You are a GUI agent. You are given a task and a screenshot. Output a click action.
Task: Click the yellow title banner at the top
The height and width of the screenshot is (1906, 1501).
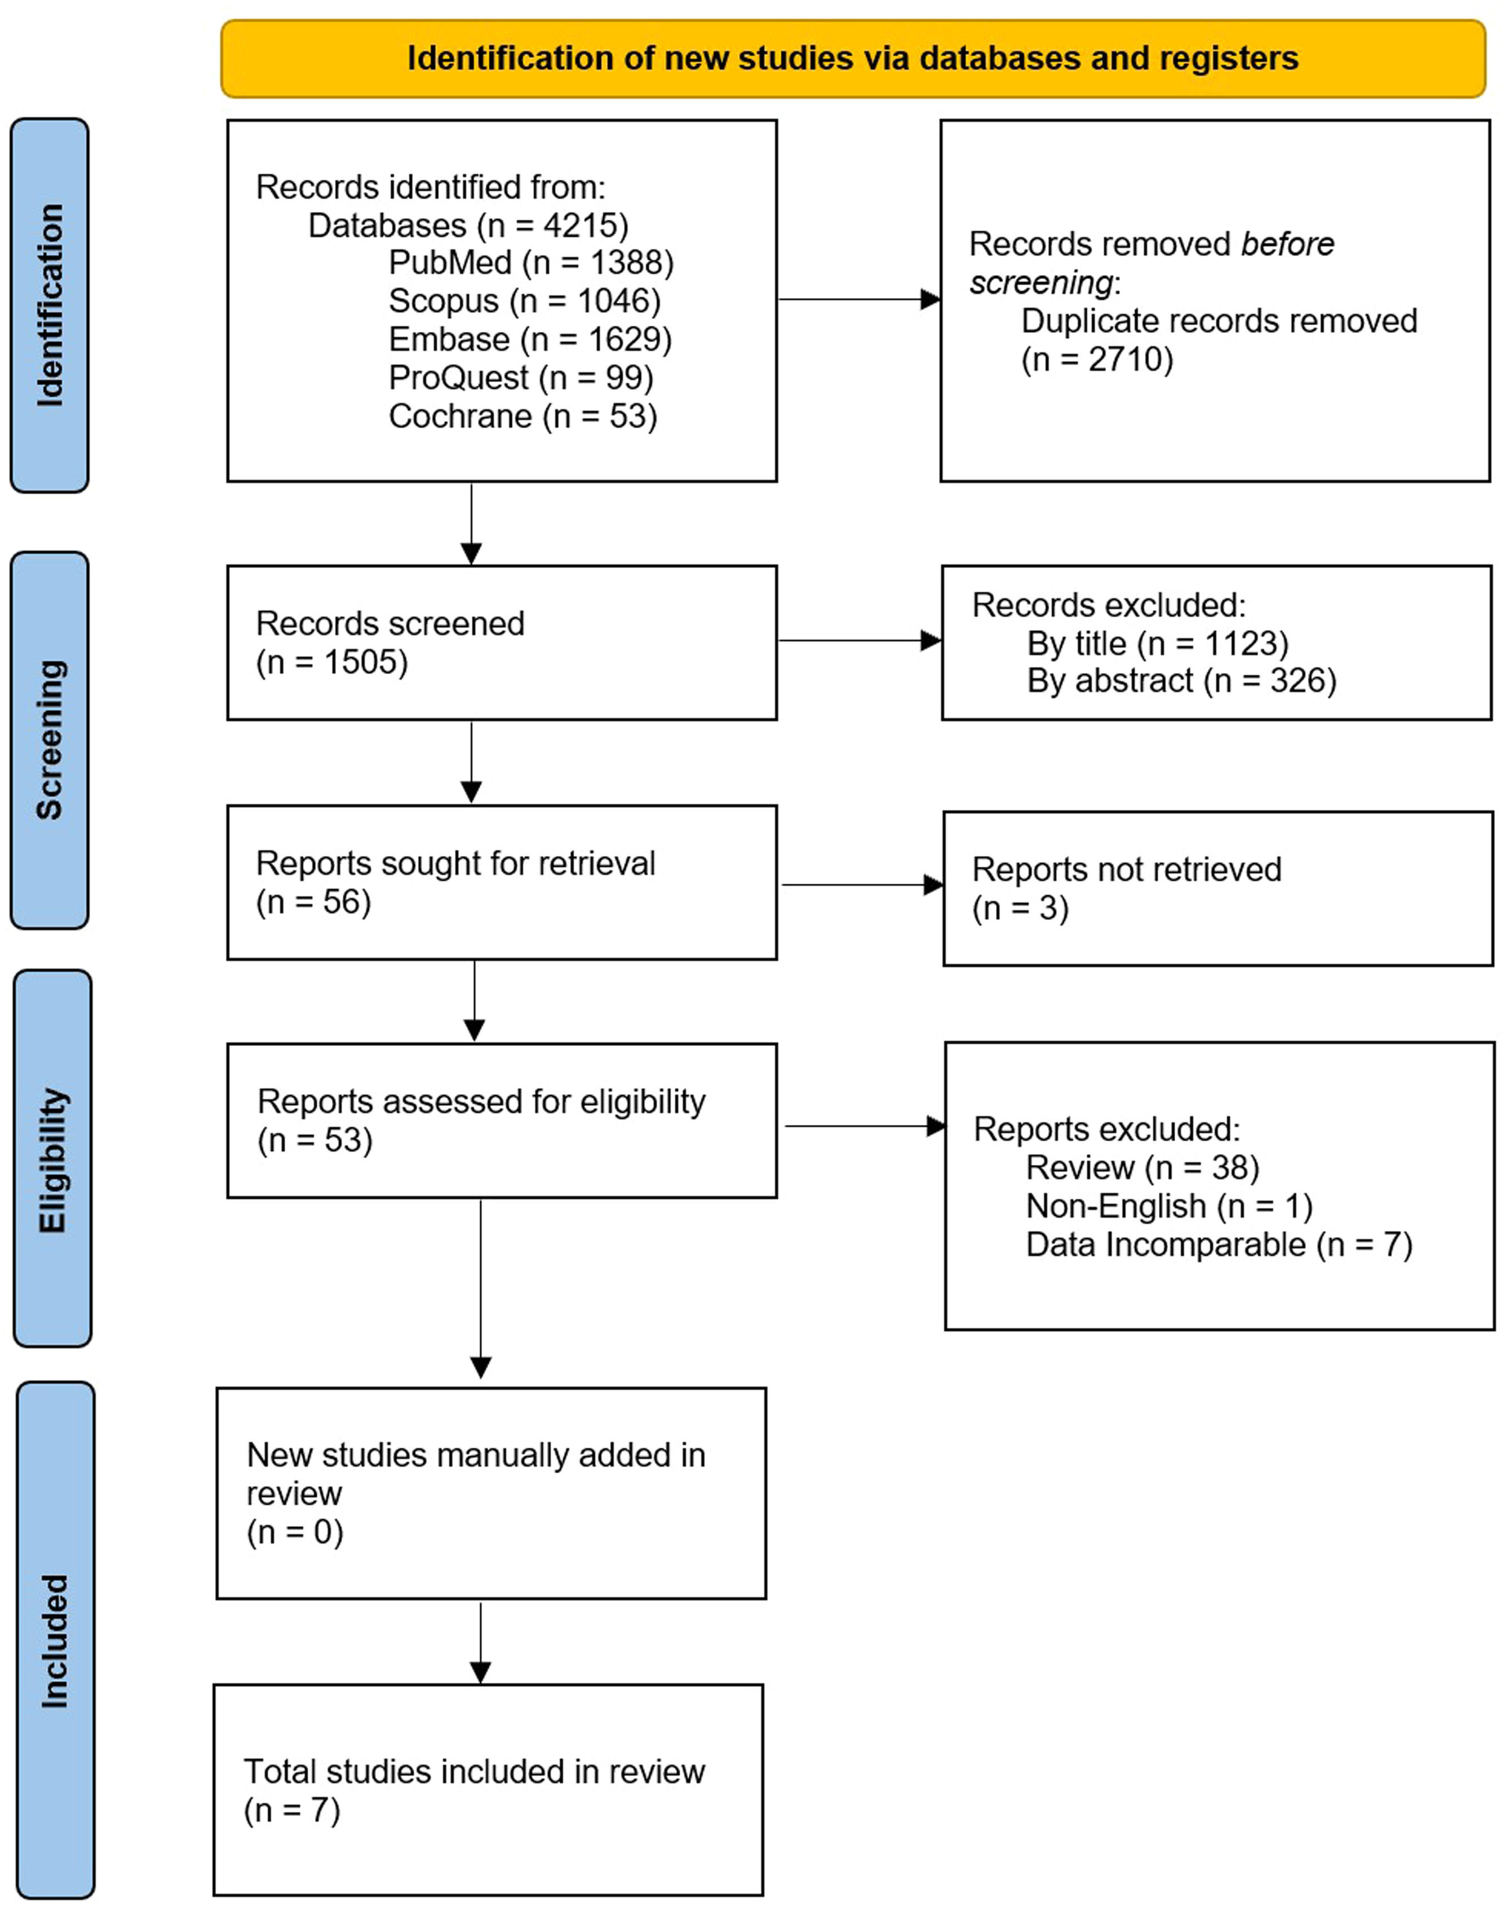[x=852, y=59]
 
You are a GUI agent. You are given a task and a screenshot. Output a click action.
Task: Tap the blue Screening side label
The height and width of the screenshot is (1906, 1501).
[x=50, y=740]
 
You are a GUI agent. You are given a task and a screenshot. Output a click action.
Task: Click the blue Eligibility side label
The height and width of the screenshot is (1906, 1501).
[x=53, y=1158]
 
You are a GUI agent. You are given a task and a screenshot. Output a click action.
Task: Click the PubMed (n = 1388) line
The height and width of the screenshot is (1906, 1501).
[x=531, y=263]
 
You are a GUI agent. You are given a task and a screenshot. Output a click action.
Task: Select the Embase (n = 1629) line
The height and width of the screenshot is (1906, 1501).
[x=530, y=339]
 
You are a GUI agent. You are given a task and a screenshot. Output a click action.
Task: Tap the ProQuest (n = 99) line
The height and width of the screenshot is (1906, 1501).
[x=521, y=378]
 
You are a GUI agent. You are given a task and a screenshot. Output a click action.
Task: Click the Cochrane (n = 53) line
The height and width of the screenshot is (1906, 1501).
[x=523, y=416]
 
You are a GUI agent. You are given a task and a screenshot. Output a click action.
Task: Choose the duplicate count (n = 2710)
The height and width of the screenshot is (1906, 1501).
[x=1097, y=360]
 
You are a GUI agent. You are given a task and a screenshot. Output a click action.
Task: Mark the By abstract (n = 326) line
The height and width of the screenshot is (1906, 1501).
[x=1181, y=681]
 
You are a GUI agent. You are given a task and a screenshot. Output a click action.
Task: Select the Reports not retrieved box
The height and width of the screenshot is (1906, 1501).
[x=1217, y=888]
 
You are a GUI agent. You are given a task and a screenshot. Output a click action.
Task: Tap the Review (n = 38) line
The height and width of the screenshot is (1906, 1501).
[x=1143, y=1168]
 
